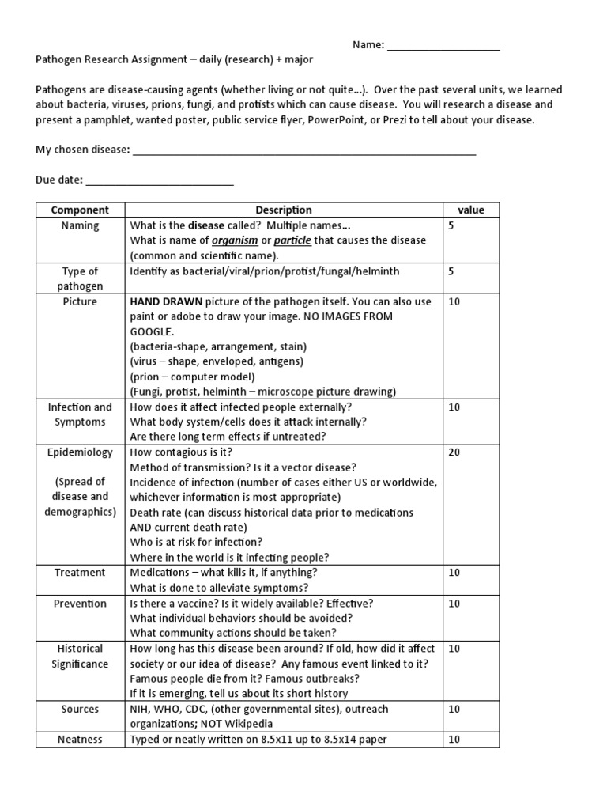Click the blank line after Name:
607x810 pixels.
[x=443, y=46]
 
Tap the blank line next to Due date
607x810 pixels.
[x=160, y=181]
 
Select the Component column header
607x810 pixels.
[x=80, y=210]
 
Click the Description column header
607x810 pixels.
[x=284, y=210]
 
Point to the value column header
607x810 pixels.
[x=471, y=210]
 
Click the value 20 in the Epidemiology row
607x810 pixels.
[x=454, y=452]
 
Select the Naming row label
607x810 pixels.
[x=80, y=225]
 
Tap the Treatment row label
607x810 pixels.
[x=80, y=572]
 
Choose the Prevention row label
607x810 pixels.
[x=80, y=603]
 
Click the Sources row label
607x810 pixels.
[x=80, y=709]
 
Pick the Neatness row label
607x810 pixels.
[x=80, y=740]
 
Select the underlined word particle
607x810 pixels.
[x=292, y=240]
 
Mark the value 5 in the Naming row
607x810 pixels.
[x=451, y=225]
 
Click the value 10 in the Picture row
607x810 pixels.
[x=454, y=302]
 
